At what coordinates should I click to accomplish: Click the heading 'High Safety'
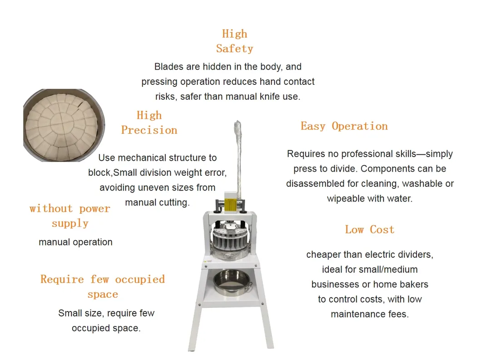click(x=234, y=41)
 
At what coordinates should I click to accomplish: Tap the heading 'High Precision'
click(x=149, y=123)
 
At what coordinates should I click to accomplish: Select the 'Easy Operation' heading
click(x=344, y=126)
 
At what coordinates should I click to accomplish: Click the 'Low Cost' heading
click(x=369, y=230)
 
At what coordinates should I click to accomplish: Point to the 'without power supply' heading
click(x=70, y=216)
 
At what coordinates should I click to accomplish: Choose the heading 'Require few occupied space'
click(x=103, y=286)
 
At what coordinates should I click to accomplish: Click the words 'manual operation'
click(x=75, y=242)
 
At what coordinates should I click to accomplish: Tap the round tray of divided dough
click(x=63, y=125)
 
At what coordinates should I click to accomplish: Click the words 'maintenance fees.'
click(x=369, y=314)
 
